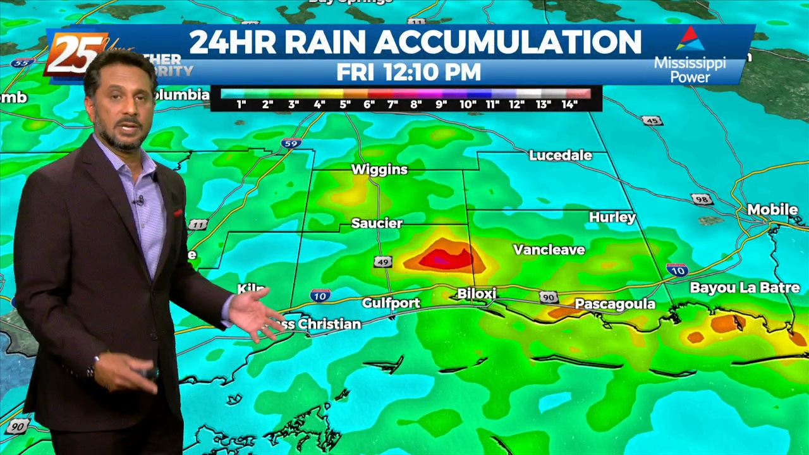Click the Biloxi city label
coord(477,294)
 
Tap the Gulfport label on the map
coord(391,303)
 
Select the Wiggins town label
coord(379,169)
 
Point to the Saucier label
coord(377,223)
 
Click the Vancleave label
coord(549,250)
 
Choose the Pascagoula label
coord(614,305)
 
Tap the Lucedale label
coord(560,155)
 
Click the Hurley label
coord(612,217)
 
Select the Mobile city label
coord(772,209)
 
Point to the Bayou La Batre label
coord(745,288)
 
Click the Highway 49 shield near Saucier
coord(383,262)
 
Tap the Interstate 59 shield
coord(290,143)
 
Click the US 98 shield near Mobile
coord(702,200)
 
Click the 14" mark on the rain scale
coord(569,104)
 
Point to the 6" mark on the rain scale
coord(369,104)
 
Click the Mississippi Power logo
coord(690,55)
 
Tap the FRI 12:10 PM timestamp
coord(408,72)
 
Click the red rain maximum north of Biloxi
coord(446,258)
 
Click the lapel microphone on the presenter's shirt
coord(138,201)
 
